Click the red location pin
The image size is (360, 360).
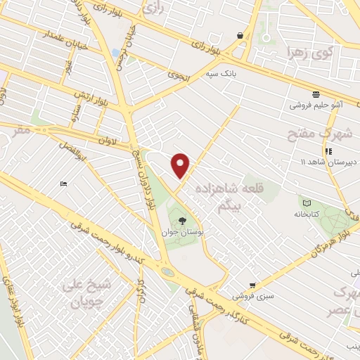point(181,165)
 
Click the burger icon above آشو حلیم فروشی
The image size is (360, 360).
point(316,94)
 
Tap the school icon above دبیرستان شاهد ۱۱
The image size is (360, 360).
point(327,151)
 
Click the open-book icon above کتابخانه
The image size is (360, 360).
point(305,202)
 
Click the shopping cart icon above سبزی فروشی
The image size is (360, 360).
point(252,285)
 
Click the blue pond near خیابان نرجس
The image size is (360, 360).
point(114,53)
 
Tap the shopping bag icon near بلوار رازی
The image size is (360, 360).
point(240,35)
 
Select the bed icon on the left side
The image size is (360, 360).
point(64,184)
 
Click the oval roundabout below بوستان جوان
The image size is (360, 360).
point(167,271)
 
